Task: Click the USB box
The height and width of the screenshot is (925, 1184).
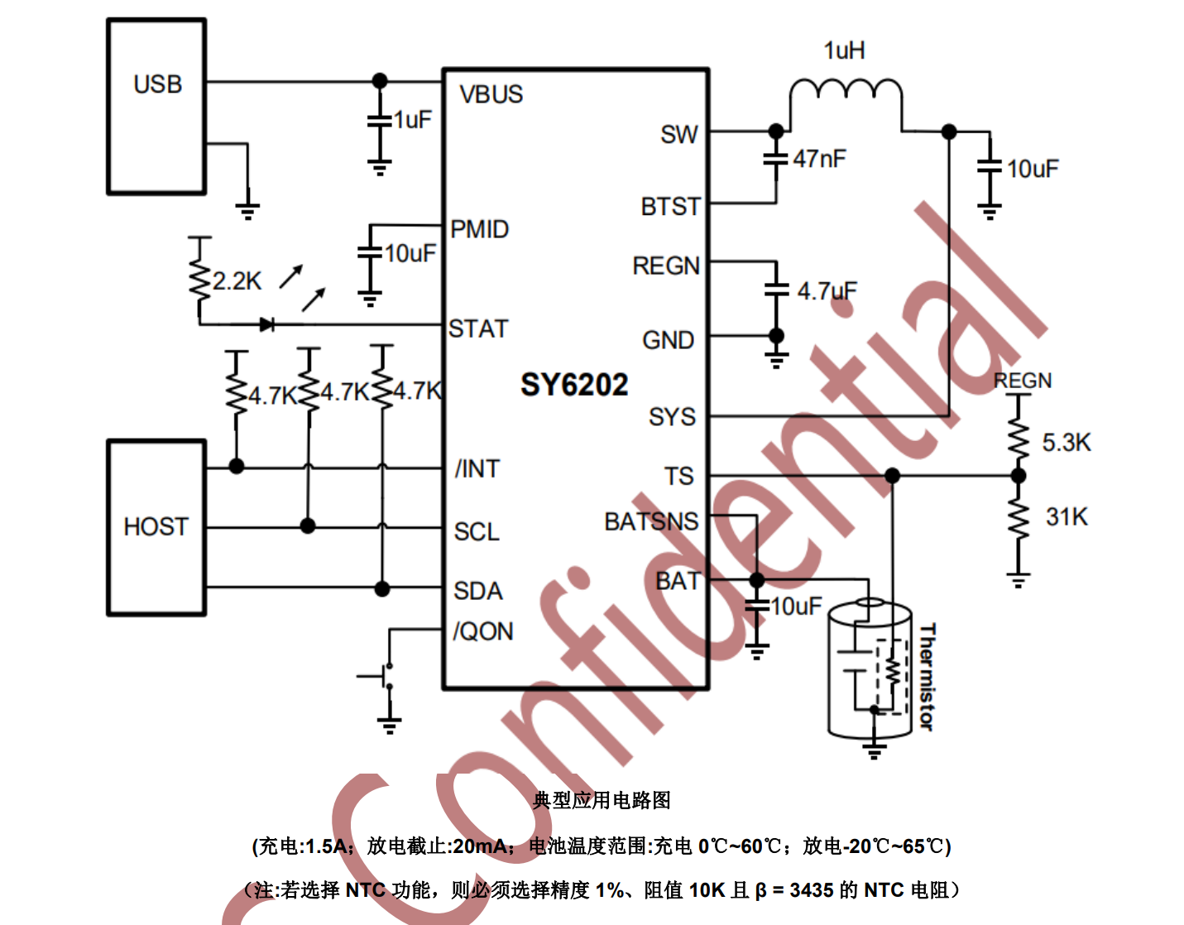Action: pos(156,106)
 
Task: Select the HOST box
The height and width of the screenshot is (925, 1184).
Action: pos(156,527)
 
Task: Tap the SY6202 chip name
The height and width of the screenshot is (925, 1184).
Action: pos(574,385)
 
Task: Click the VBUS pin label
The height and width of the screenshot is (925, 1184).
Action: pos(491,94)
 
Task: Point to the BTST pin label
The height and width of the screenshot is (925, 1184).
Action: pos(670,206)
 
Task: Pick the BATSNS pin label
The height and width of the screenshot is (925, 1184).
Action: pos(651,521)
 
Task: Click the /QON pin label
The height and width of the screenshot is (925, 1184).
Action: pos(483,631)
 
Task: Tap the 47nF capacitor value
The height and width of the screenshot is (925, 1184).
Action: pos(819,158)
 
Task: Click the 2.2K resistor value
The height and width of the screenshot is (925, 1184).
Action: pos(237,281)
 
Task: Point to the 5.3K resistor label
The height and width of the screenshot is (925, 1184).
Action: pos(1066,443)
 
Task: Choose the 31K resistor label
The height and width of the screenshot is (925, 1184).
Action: pos(1067,517)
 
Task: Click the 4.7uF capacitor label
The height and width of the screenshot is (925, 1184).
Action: pos(827,291)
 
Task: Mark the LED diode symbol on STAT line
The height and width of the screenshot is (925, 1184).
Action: pos(266,324)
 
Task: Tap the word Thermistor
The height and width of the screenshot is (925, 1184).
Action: pos(927,677)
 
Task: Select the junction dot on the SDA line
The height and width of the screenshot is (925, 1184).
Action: pos(381,588)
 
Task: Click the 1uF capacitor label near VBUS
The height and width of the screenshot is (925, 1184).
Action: pos(412,120)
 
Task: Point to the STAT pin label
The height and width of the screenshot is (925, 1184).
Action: pos(477,329)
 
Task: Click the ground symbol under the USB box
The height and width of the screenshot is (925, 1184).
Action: pos(247,209)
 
